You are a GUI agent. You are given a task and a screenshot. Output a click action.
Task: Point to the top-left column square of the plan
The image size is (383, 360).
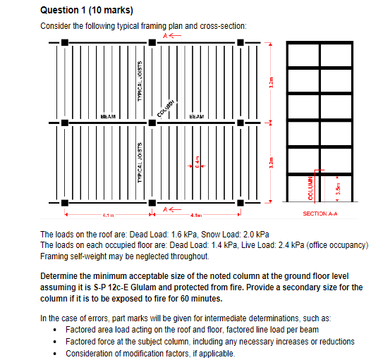coord(65,44)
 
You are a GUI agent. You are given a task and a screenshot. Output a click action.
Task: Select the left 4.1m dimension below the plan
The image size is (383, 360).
coord(109,214)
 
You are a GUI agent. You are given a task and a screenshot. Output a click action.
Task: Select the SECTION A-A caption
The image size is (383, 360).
coord(322,212)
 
